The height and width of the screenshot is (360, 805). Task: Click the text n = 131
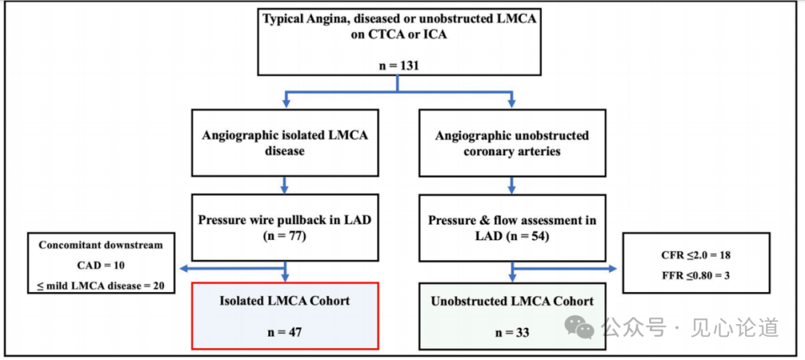[399, 66]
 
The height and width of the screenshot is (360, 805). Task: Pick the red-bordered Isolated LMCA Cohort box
[285, 315]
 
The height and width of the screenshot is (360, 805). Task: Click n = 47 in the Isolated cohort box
[285, 332]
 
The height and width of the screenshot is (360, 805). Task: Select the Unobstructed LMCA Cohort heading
[512, 301]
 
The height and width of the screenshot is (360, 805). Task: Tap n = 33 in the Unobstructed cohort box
[512, 332]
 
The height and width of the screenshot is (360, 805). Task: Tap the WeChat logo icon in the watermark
[578, 326]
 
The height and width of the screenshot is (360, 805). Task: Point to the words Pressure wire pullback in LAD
[285, 220]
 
